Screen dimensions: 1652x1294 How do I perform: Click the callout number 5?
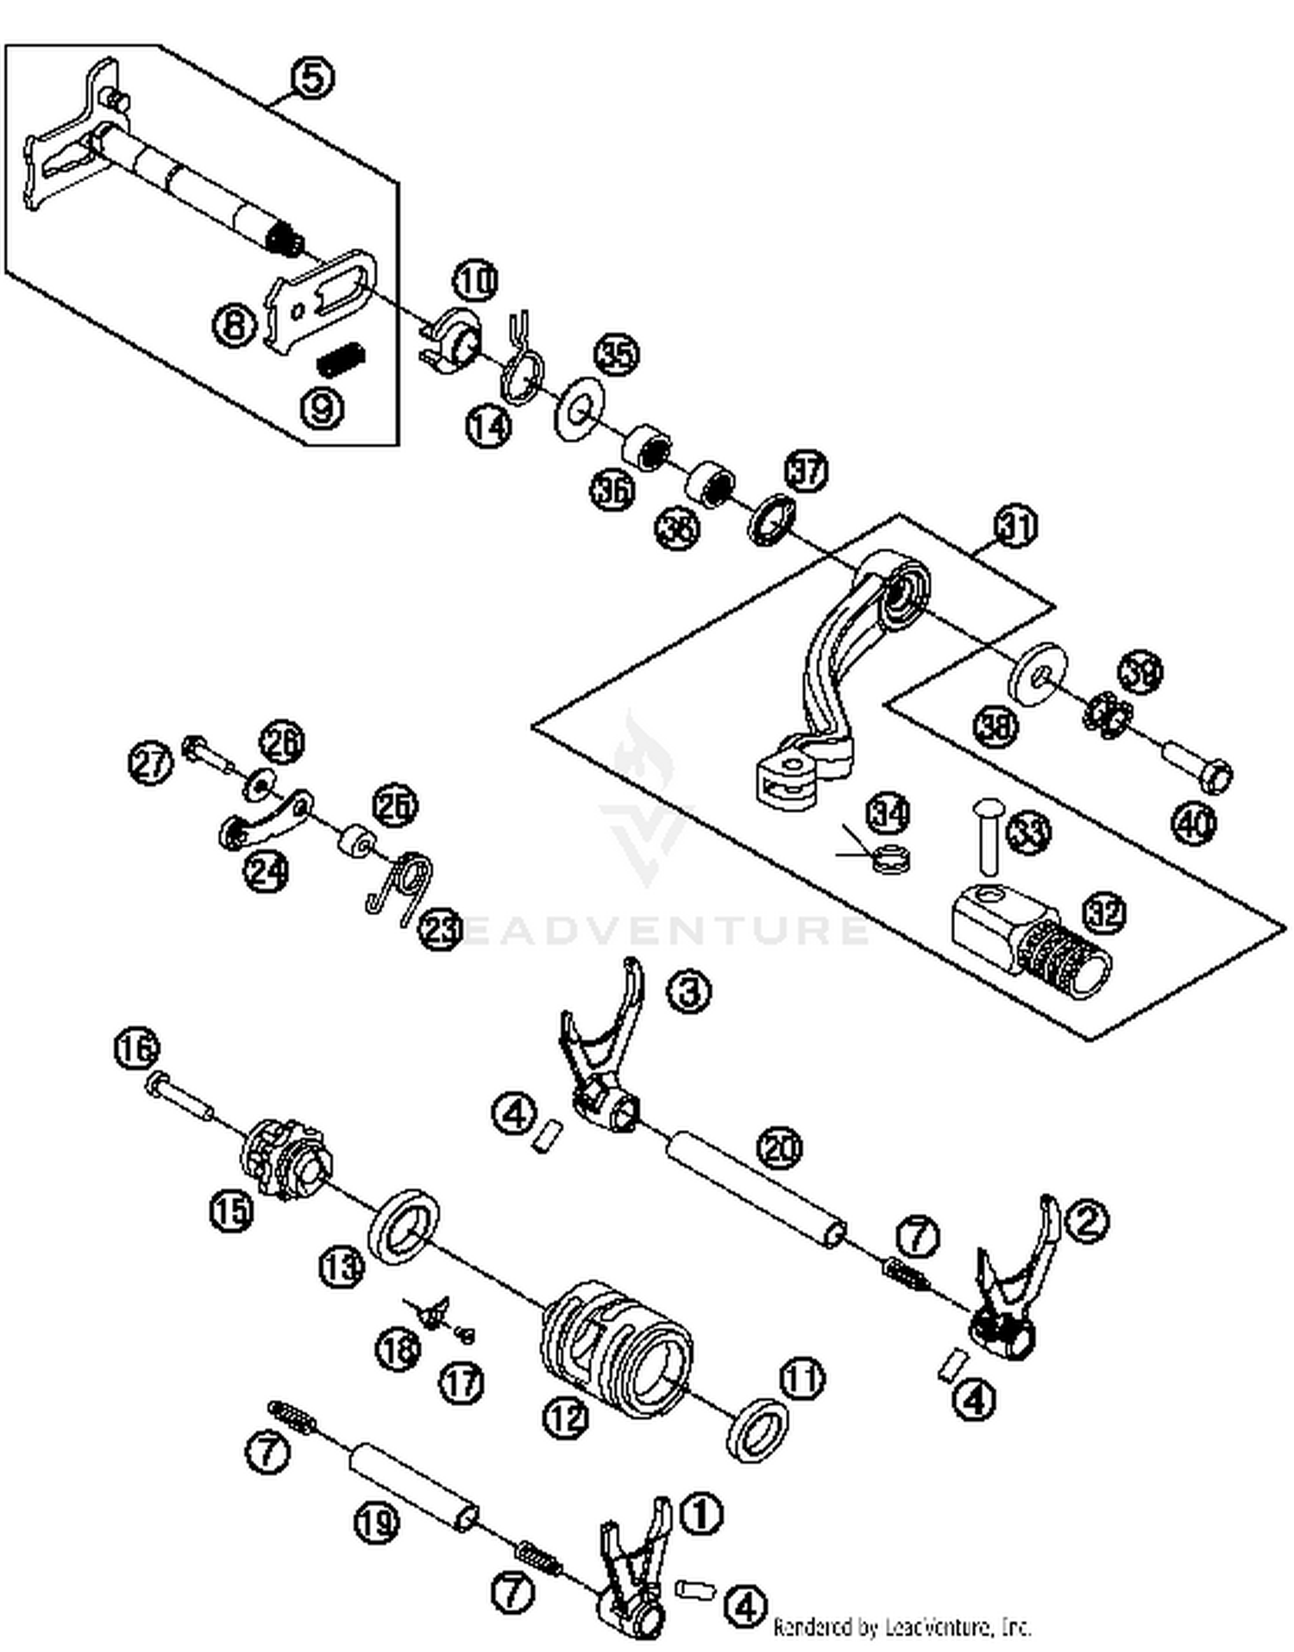[313, 78]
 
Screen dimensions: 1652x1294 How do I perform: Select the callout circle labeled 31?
[1016, 525]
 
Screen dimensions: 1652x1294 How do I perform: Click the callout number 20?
[779, 1148]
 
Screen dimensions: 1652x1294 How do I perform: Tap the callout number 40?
[1194, 823]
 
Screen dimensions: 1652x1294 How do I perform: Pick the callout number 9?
[322, 405]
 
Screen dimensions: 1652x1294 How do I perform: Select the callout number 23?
[441, 930]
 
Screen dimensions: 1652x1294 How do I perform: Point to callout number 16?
[137, 1049]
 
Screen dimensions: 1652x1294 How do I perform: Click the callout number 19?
[377, 1522]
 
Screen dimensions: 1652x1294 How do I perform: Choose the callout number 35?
[618, 354]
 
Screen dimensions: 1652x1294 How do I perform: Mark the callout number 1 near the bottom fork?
[701, 1513]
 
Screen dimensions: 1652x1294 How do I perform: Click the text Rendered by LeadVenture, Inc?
[901, 1627]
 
